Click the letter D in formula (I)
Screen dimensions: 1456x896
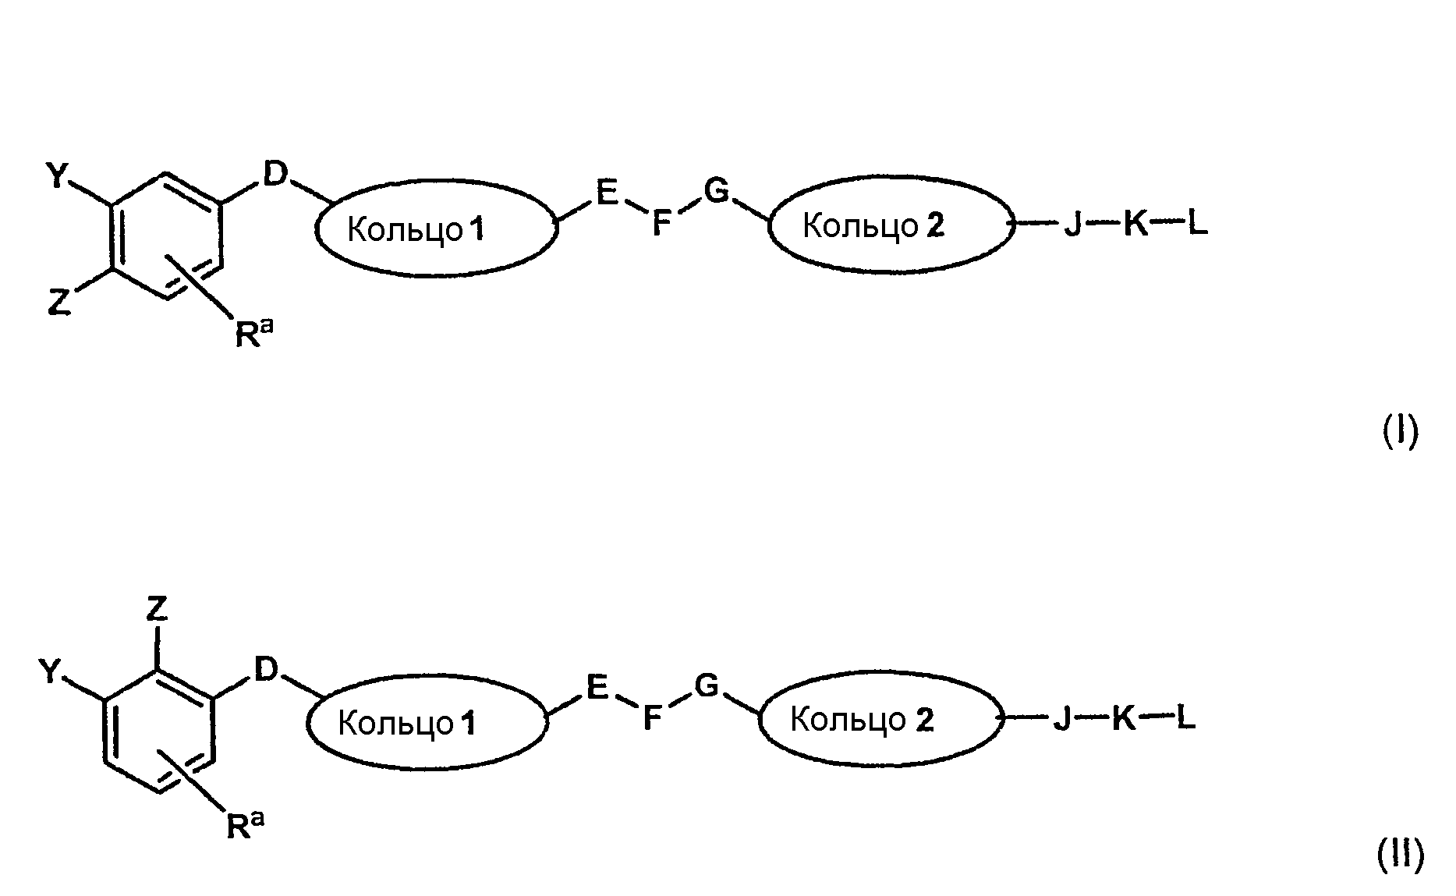pyautogui.click(x=275, y=175)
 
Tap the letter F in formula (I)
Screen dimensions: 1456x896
pyautogui.click(x=661, y=224)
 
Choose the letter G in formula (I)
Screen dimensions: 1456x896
pyautogui.click(x=716, y=190)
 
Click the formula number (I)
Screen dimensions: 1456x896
pyautogui.click(x=1400, y=431)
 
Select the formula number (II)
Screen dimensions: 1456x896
pyautogui.click(x=1400, y=855)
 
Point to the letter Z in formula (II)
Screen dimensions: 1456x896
pyautogui.click(x=158, y=609)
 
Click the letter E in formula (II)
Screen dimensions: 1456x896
pyautogui.click(x=597, y=688)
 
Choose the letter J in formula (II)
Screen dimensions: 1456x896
pyautogui.click(x=1061, y=719)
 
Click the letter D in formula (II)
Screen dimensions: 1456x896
pyautogui.click(x=266, y=669)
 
